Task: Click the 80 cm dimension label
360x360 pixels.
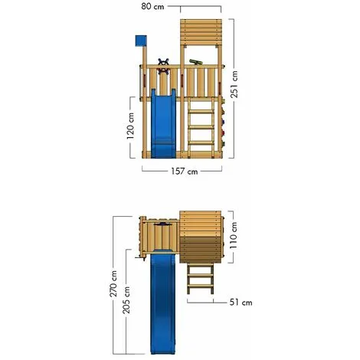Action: click(x=152, y=6)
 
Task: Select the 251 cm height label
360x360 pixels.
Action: click(x=234, y=84)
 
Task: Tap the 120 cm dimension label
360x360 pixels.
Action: click(x=130, y=126)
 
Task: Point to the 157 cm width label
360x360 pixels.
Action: click(x=185, y=171)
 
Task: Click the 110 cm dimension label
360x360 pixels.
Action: click(x=233, y=235)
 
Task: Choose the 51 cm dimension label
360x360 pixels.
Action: click(x=241, y=303)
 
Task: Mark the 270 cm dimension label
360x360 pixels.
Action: click(x=113, y=284)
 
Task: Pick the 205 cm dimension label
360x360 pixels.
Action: click(x=126, y=300)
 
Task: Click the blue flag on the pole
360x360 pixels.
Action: click(x=141, y=41)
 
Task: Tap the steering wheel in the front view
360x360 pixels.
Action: click(x=163, y=67)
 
